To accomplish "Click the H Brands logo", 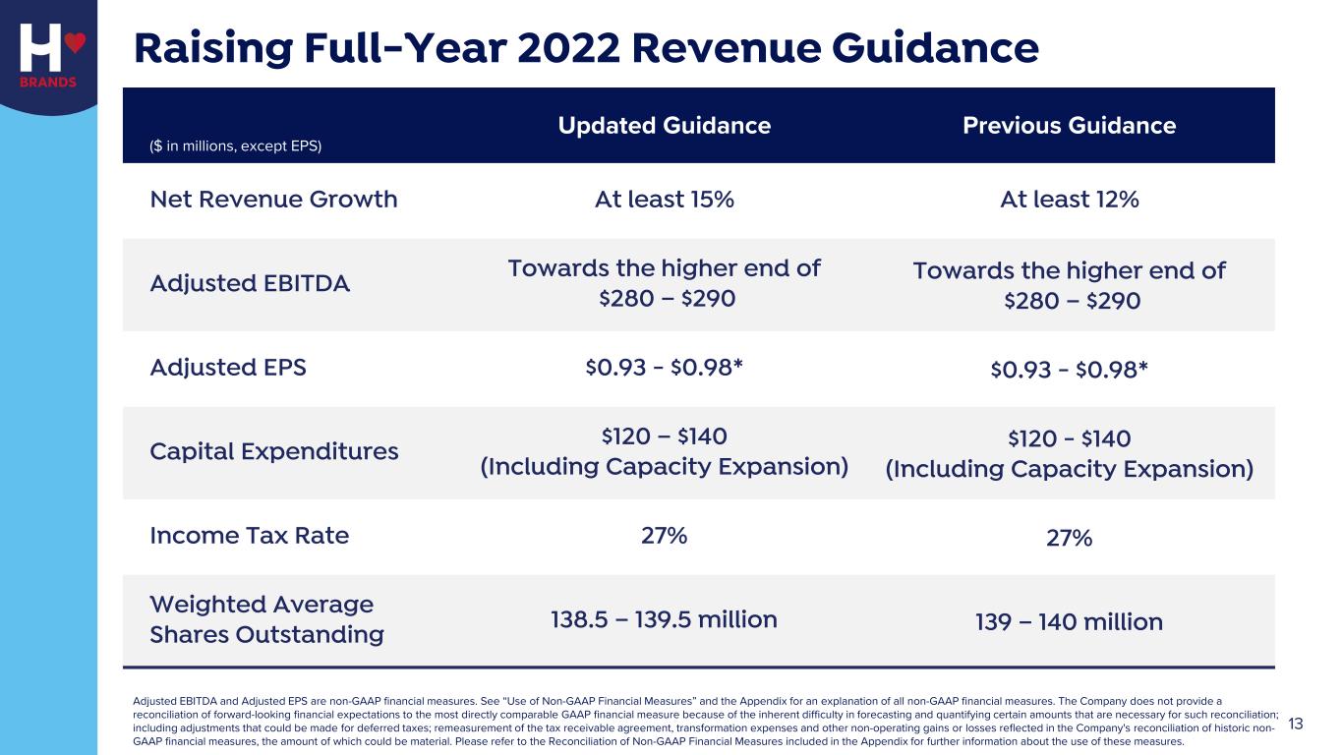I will pos(48,54).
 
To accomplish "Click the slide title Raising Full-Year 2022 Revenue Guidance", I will pos(586,47).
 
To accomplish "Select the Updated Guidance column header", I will pos(664,126).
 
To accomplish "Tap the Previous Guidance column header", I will pos(1069,126).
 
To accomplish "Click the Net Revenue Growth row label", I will pos(273,200).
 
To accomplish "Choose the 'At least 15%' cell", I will pos(664,200).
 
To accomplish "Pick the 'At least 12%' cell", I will pos(1069,200).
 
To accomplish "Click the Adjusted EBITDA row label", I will pos(250,284).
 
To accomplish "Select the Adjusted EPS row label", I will pos(228,368).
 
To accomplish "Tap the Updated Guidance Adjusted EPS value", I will pos(664,367).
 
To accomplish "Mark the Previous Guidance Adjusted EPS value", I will pos(1069,369).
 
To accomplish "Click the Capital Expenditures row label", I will pos(274,451).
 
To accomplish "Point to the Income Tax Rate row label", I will pos(249,536).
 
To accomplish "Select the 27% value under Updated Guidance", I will pos(664,535).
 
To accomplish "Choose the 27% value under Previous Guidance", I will pos(1069,538).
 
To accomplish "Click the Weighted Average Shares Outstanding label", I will pos(266,619).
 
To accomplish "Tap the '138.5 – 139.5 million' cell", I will pos(664,619).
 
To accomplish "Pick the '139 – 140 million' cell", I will pos(1069,622).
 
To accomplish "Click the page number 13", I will pos(1295,725).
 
